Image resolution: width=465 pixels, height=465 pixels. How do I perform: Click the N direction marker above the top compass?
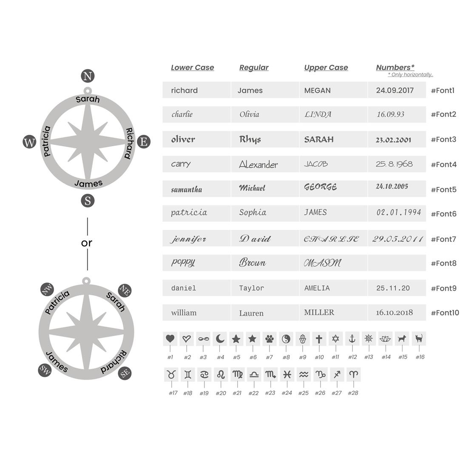click(x=88, y=77)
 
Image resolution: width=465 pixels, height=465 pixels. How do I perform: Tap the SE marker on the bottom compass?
click(x=125, y=373)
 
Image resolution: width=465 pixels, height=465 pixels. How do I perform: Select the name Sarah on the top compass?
click(x=88, y=99)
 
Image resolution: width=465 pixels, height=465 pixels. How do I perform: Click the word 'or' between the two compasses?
click(x=87, y=243)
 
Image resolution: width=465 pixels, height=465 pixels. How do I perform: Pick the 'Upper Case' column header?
click(x=326, y=68)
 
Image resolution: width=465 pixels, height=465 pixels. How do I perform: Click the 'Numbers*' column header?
click(x=395, y=67)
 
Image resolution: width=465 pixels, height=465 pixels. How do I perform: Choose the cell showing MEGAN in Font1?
click(x=318, y=91)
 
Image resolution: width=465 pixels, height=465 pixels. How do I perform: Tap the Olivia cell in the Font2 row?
click(x=249, y=114)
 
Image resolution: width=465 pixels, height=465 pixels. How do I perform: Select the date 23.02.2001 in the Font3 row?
click(x=393, y=140)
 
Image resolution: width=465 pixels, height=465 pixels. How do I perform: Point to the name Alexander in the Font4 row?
click(x=258, y=164)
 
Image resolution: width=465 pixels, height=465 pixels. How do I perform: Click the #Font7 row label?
click(x=443, y=239)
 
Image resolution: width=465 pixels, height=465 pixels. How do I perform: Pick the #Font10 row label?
click(x=445, y=313)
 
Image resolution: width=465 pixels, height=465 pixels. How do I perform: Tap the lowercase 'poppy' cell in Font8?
click(x=183, y=262)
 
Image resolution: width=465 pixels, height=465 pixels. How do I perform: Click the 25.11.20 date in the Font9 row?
click(x=393, y=288)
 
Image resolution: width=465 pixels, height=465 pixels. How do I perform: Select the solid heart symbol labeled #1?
click(x=170, y=339)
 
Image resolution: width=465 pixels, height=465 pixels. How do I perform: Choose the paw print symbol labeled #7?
click(x=269, y=339)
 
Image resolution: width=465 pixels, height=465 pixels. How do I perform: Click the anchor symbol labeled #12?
click(x=352, y=339)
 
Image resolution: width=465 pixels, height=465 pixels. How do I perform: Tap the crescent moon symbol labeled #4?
click(x=220, y=339)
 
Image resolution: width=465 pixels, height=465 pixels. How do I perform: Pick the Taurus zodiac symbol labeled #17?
click(x=171, y=374)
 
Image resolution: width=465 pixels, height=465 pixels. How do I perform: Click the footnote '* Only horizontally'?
click(x=410, y=75)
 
